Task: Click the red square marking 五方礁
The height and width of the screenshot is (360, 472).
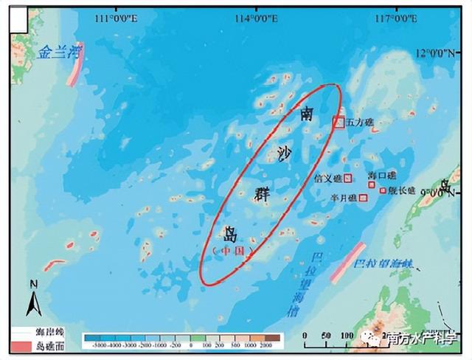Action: pos(338,122)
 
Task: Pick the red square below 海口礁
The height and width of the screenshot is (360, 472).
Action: pos(372,184)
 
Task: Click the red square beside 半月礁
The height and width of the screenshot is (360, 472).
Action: pos(362,197)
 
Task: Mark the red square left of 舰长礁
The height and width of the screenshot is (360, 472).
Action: pos(383,190)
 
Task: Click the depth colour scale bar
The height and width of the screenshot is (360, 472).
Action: pos(183,339)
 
